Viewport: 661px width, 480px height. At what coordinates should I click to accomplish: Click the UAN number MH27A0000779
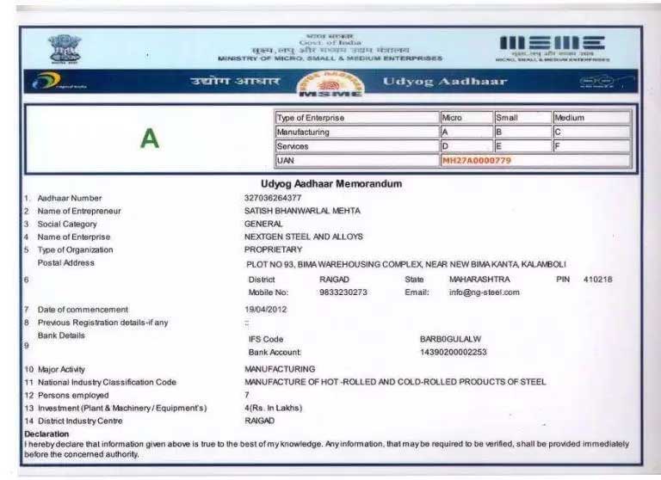(x=476, y=161)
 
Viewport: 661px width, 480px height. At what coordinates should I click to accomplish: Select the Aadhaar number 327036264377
(x=273, y=198)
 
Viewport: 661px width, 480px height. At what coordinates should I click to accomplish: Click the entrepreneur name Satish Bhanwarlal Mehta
(x=302, y=211)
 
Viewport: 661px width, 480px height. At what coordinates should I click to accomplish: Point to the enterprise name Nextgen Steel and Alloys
(x=304, y=237)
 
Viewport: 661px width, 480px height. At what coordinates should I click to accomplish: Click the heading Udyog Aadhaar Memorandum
(x=331, y=184)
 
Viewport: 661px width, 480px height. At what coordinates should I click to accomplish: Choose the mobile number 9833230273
(x=343, y=292)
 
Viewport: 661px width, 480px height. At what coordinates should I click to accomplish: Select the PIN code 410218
(x=597, y=280)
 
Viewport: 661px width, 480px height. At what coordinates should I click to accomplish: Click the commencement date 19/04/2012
(x=267, y=309)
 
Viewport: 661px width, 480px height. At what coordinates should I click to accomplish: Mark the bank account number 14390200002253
(x=453, y=352)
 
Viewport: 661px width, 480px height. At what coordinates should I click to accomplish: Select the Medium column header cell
(x=590, y=118)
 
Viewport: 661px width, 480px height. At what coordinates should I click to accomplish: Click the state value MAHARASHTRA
(x=479, y=280)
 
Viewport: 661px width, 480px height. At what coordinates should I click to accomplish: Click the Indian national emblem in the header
(x=62, y=50)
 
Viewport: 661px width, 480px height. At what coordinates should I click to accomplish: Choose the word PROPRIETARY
(x=273, y=249)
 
